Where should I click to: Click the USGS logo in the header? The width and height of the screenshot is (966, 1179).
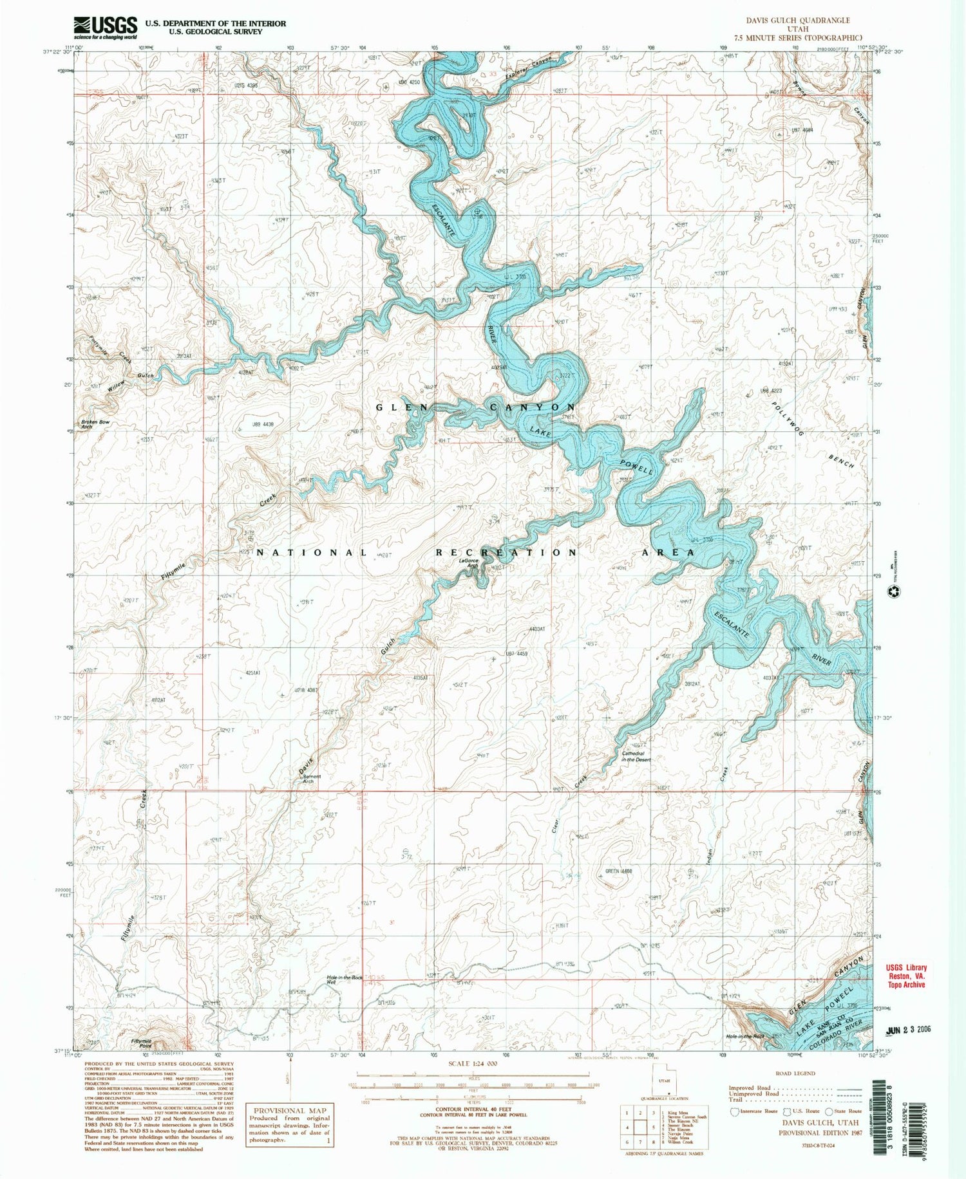106,28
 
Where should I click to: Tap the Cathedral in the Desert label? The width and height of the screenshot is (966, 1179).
636,756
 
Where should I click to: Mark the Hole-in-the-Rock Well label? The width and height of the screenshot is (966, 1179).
345,979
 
